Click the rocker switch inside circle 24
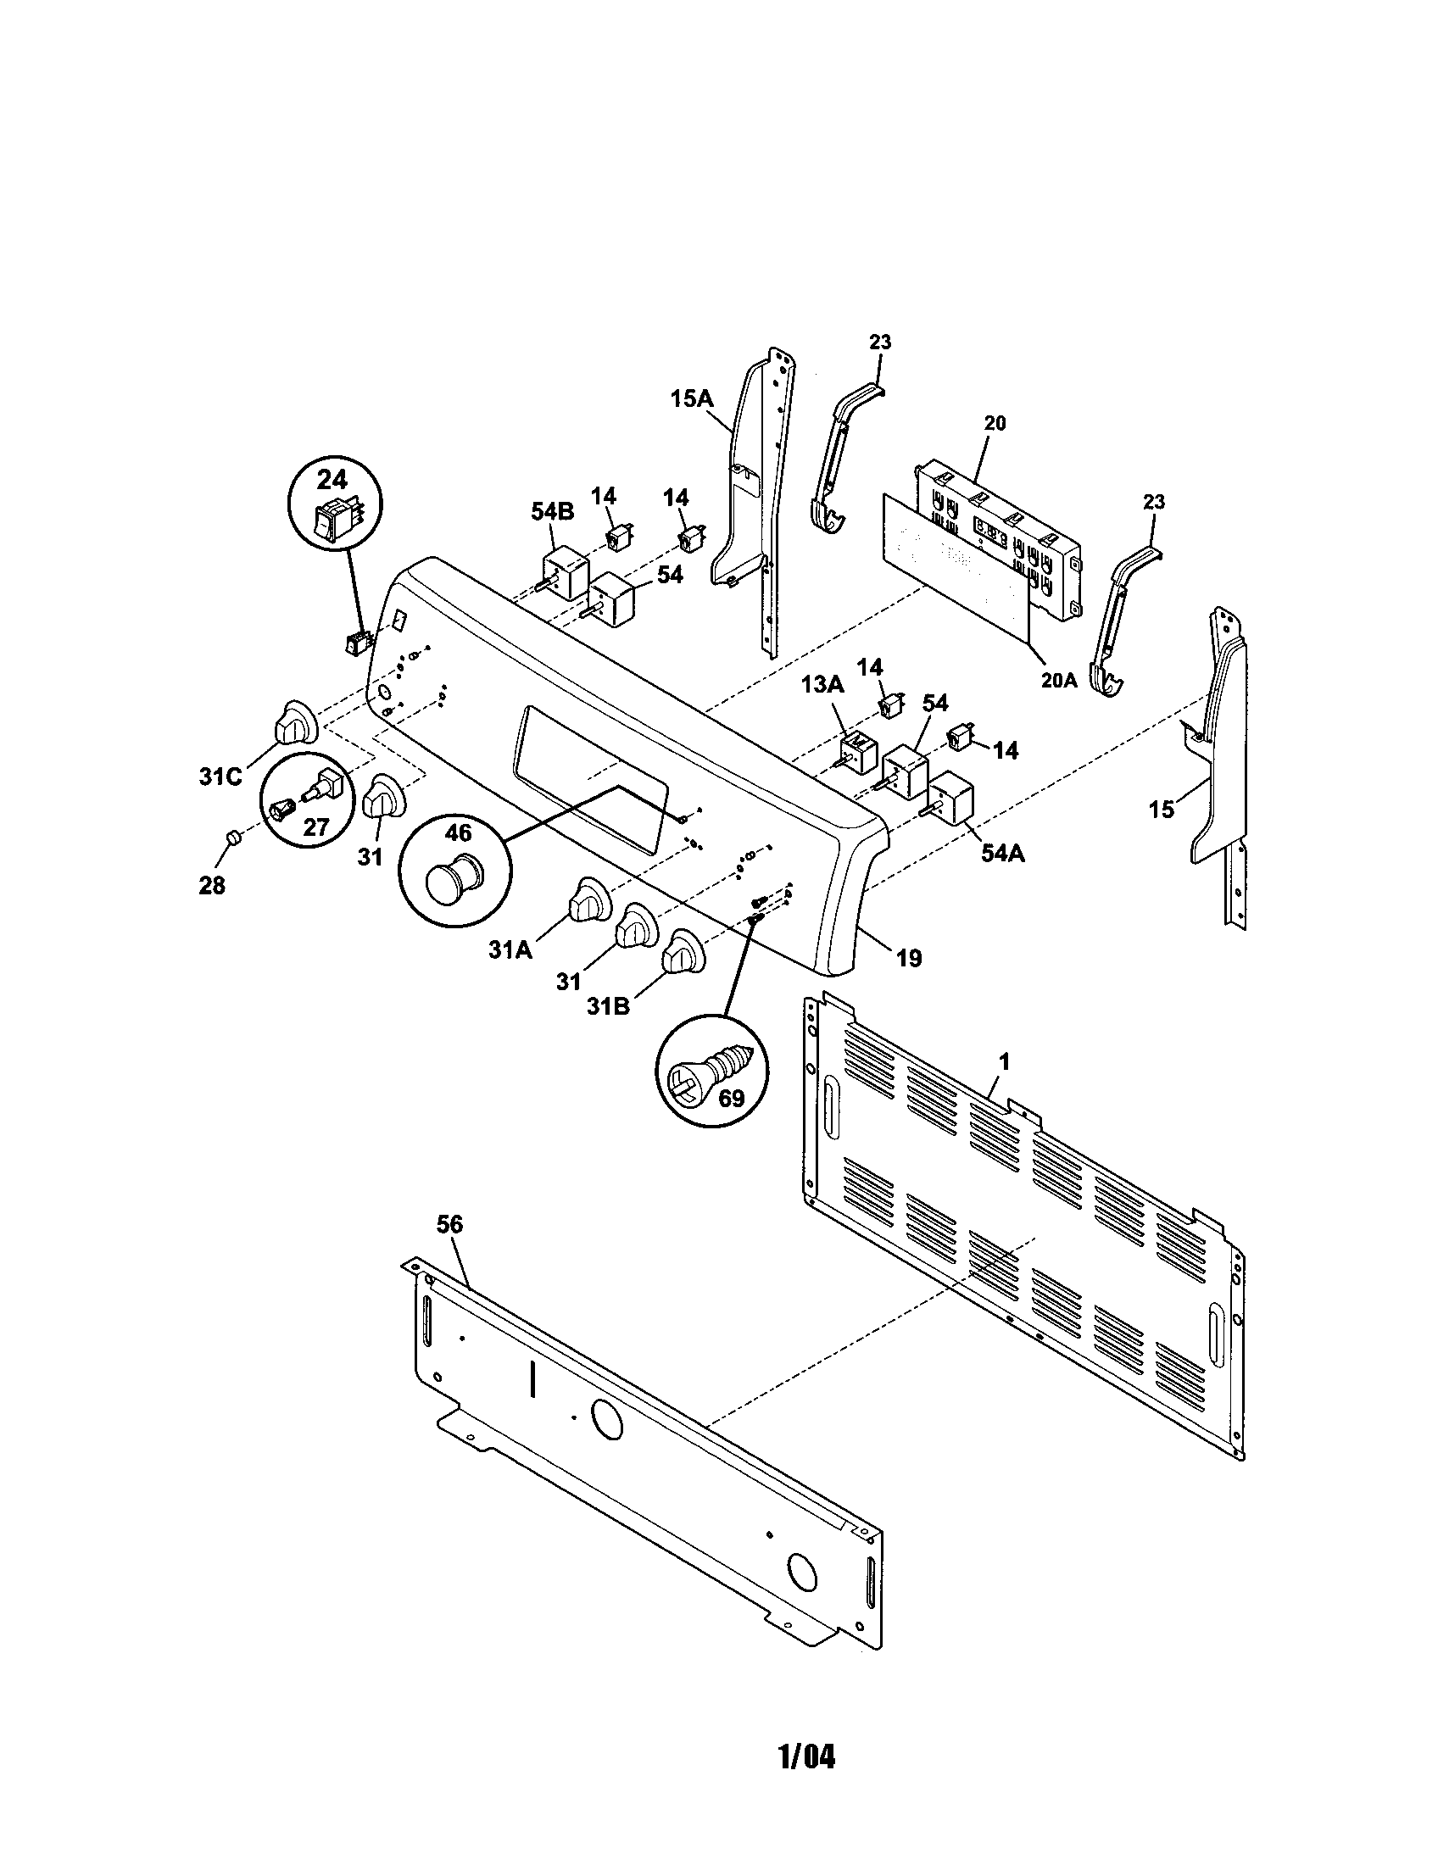333,521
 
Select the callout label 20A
1057,680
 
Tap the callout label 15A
691,398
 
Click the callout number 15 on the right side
1162,809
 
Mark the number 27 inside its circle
317,826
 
